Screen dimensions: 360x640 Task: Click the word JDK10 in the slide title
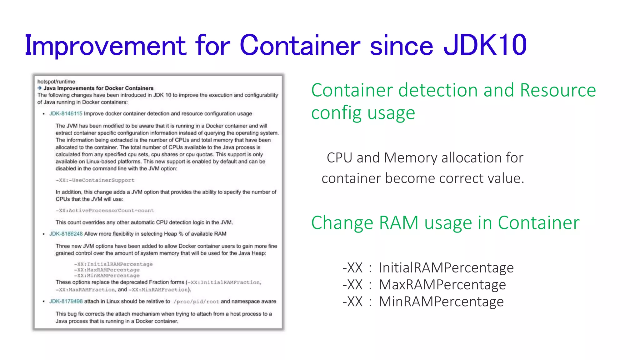point(485,46)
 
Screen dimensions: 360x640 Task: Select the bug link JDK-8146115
point(66,113)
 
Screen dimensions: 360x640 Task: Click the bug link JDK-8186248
point(66,234)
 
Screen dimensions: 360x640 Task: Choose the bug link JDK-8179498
point(66,301)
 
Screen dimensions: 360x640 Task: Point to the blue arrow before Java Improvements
point(40,88)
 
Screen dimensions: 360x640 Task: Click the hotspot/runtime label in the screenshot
point(56,82)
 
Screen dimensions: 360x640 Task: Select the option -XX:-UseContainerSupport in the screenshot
point(95,180)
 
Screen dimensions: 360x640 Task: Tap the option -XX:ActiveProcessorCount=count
point(105,211)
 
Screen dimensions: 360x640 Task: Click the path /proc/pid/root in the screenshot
point(196,302)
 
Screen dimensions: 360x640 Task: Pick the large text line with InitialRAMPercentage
point(428,268)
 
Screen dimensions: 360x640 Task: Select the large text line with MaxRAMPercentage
point(424,285)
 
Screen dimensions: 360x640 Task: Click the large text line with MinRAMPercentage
point(423,302)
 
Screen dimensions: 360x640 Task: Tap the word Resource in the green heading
point(558,91)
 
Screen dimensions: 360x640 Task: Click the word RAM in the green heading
point(398,223)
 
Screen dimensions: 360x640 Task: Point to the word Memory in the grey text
point(411,158)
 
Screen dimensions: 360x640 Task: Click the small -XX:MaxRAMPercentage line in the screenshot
point(107,270)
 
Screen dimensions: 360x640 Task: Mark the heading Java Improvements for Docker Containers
point(98,88)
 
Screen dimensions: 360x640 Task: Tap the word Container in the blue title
point(300,46)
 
